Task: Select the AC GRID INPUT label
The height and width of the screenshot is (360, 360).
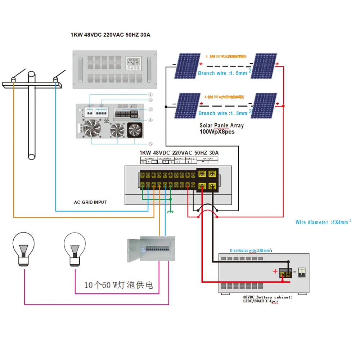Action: click(90, 202)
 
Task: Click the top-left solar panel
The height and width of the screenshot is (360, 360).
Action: click(187, 66)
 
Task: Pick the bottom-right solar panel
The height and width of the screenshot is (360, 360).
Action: click(264, 105)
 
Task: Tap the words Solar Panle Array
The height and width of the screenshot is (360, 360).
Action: click(221, 126)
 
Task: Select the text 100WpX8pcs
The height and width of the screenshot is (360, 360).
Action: click(217, 132)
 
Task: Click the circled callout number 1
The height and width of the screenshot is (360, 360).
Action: click(150, 95)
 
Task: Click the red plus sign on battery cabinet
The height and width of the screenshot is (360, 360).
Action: click(275, 271)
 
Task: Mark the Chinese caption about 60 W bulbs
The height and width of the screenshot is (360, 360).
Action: click(118, 285)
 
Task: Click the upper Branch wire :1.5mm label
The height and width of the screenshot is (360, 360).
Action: click(222, 73)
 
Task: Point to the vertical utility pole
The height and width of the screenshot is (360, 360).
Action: click(32, 115)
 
